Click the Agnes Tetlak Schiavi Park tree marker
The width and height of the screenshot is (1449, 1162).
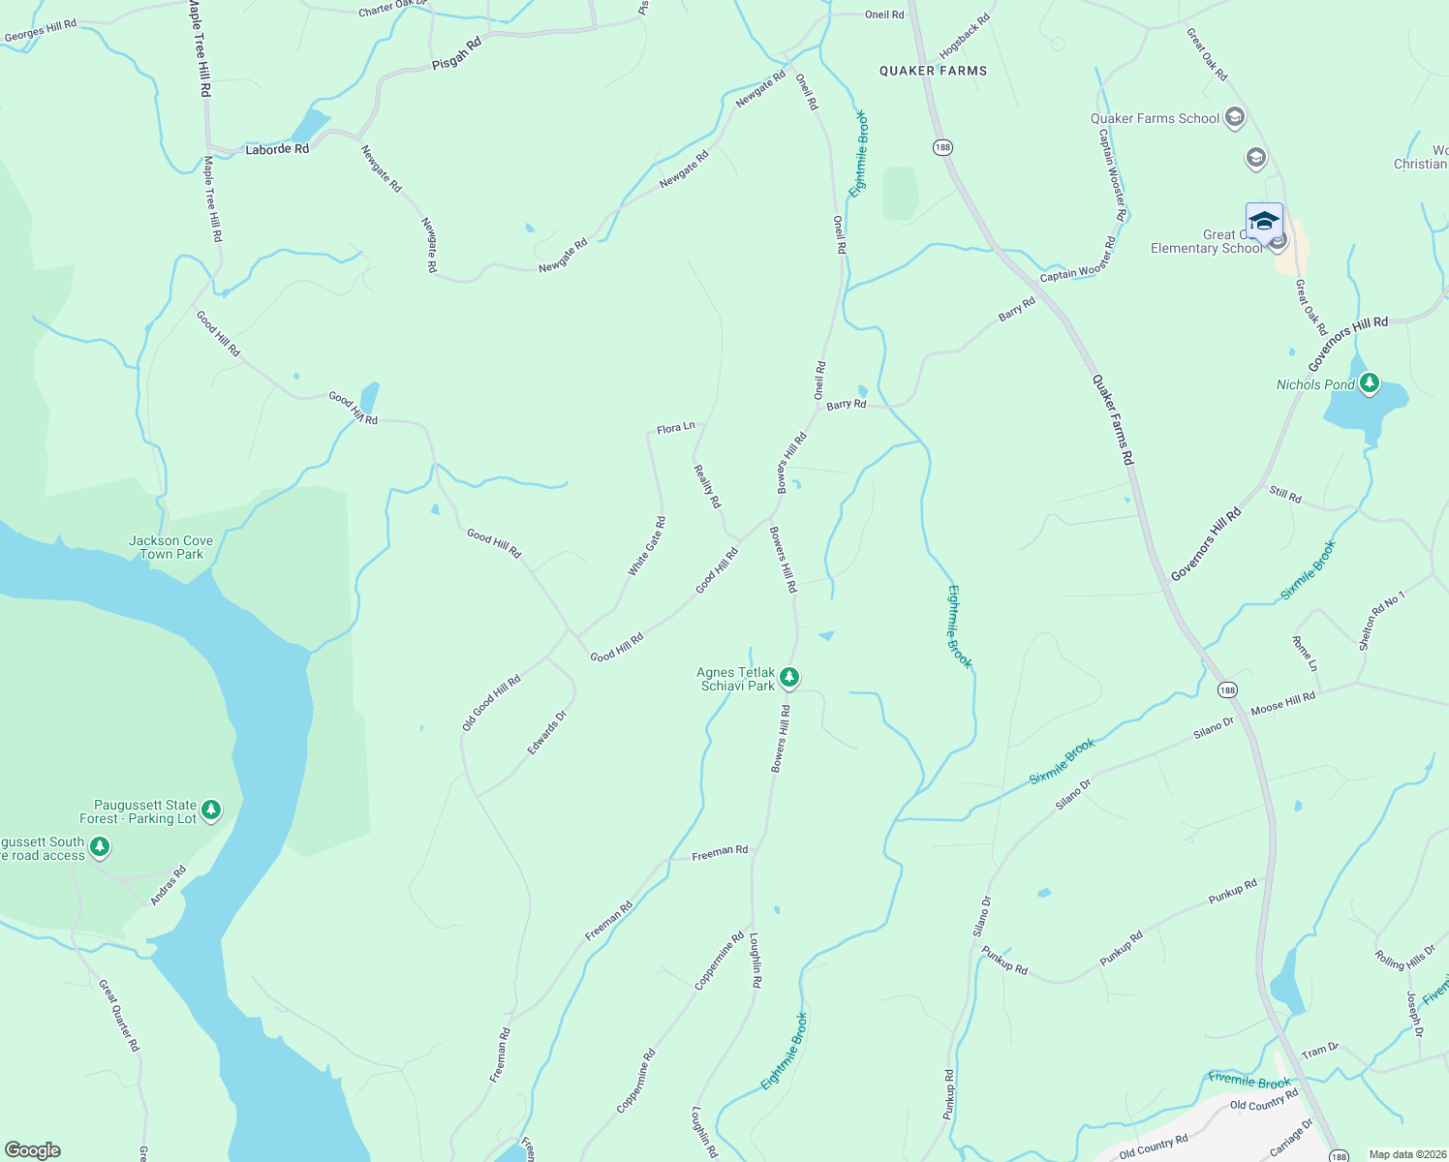(x=789, y=677)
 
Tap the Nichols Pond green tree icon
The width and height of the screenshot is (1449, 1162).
(x=1369, y=384)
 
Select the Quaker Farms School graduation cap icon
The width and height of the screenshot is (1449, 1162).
(x=1234, y=118)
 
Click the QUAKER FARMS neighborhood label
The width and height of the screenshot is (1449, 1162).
(x=933, y=71)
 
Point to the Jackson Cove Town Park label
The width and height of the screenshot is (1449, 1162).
(x=171, y=548)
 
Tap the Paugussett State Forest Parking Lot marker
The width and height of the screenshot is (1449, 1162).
(x=210, y=810)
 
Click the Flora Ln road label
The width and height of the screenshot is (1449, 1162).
(x=675, y=428)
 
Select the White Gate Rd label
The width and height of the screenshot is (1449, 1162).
(x=646, y=547)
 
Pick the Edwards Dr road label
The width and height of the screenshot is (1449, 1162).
(x=546, y=734)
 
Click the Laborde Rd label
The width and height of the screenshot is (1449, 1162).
(x=277, y=150)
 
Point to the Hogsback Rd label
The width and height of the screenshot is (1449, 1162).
(x=964, y=36)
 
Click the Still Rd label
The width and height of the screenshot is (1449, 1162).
(x=1285, y=494)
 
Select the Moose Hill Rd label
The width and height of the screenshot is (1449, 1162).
(x=1282, y=703)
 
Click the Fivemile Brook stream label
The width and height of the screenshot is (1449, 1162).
(x=1249, y=1081)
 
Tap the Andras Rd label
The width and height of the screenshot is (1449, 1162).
(x=168, y=886)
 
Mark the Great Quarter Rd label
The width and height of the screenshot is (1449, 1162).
(x=119, y=1016)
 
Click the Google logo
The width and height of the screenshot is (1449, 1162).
(x=32, y=1150)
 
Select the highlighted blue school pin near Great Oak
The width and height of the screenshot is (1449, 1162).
(x=1264, y=223)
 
